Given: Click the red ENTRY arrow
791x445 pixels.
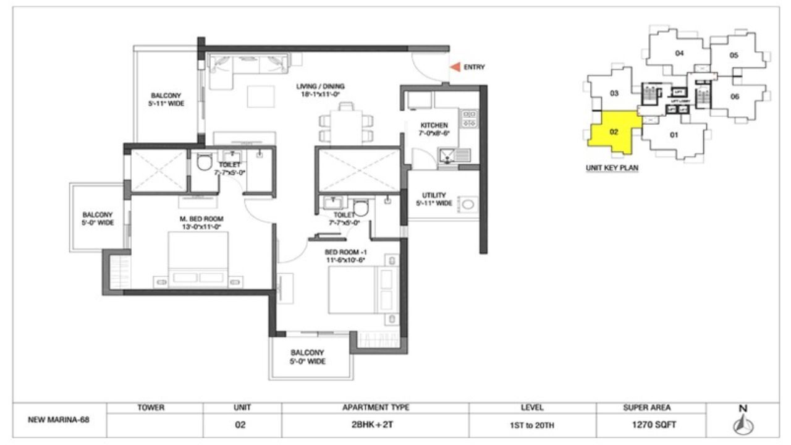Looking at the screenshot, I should pos(454,67).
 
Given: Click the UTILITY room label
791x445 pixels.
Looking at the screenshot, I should pos(434,199).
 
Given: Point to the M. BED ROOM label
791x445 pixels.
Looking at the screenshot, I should pos(201,222).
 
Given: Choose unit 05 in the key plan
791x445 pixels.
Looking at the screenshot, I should pos(734,55).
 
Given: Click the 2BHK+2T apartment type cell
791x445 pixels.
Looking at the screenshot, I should pos(375,425).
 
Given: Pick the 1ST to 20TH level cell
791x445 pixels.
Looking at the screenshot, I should pos(532,425).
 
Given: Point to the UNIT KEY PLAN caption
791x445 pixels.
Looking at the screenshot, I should pos(612,167).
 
